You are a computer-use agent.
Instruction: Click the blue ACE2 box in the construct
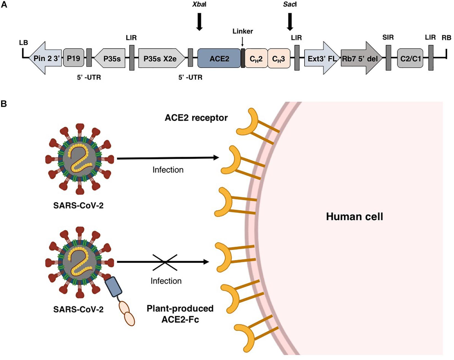click(219, 58)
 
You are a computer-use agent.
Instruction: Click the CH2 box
click(256, 58)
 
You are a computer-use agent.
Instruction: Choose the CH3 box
click(279, 58)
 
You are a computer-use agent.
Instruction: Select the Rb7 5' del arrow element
click(361, 58)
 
